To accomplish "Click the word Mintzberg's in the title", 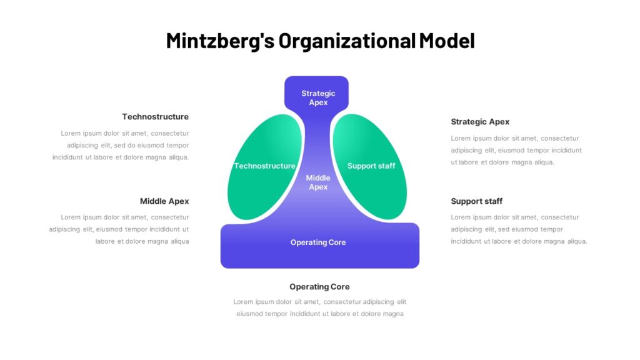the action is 220,41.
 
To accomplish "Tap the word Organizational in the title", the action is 347,41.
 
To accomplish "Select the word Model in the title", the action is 447,41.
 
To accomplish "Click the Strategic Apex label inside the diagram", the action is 318,98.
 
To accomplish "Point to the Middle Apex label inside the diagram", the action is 318,182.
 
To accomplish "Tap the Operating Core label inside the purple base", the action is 318,242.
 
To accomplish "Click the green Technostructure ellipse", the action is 264,167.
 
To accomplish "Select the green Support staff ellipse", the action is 370,167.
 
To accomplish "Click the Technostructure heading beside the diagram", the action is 155,117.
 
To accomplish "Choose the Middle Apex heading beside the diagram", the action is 164,201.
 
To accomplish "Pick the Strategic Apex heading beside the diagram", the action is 480,122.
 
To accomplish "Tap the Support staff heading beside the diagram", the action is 476,201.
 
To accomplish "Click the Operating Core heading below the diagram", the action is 319,287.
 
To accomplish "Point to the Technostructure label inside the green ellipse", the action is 264,166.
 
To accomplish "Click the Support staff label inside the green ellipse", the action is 371,166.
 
